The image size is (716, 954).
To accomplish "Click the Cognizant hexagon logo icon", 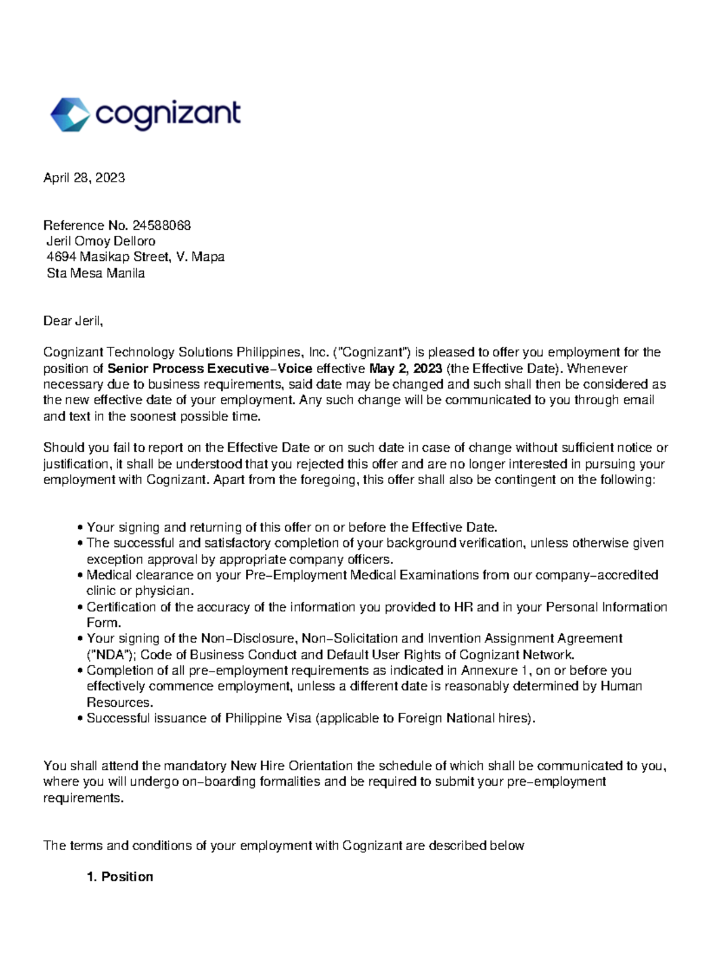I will [x=70, y=115].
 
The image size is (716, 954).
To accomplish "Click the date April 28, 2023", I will [x=84, y=178].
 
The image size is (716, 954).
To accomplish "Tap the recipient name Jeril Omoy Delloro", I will [x=101, y=242].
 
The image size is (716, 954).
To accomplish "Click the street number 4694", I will [x=61, y=257].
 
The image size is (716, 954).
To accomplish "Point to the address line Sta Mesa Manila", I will [x=95, y=273].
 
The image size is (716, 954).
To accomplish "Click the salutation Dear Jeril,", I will [x=73, y=321].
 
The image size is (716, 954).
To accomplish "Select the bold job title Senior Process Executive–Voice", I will [x=209, y=368].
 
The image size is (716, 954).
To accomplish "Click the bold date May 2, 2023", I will [x=406, y=368].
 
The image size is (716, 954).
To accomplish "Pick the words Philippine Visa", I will [x=268, y=718].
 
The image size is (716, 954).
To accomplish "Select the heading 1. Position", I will [x=120, y=877].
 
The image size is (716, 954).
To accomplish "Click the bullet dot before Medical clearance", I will [x=80, y=576].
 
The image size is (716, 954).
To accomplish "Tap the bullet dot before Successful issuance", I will [x=80, y=719].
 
